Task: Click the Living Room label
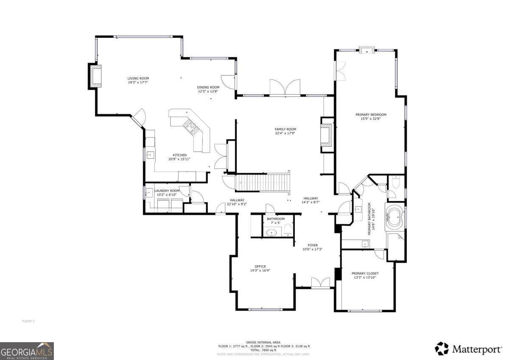pos(138,78)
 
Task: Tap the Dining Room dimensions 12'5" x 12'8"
pos(208,91)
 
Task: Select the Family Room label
pos(285,129)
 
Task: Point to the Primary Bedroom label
pos(371,115)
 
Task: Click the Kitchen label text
pos(179,155)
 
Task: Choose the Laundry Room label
pos(167,191)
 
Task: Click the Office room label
pos(260,267)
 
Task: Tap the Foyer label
pos(313,245)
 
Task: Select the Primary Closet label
pos(365,273)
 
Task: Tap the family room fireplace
pos(327,135)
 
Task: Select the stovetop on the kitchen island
pos(191,126)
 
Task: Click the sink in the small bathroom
pos(271,233)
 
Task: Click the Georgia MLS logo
pos(27,351)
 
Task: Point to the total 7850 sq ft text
pos(263,350)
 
